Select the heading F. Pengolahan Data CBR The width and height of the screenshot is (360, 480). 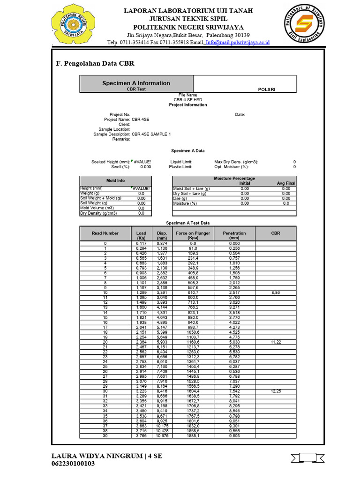(95, 64)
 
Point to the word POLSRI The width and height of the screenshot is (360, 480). (267, 89)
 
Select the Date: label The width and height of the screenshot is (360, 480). (240, 114)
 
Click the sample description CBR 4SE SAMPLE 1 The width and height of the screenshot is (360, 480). (151, 134)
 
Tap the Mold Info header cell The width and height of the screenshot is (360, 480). (115, 180)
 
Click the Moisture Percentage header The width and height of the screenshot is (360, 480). (234, 179)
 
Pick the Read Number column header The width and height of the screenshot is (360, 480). (105, 233)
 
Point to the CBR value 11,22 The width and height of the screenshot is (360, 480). (275, 343)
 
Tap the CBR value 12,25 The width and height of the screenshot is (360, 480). (275, 391)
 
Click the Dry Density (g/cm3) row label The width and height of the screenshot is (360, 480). (98, 213)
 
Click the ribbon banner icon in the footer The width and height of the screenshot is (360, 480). (306, 457)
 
